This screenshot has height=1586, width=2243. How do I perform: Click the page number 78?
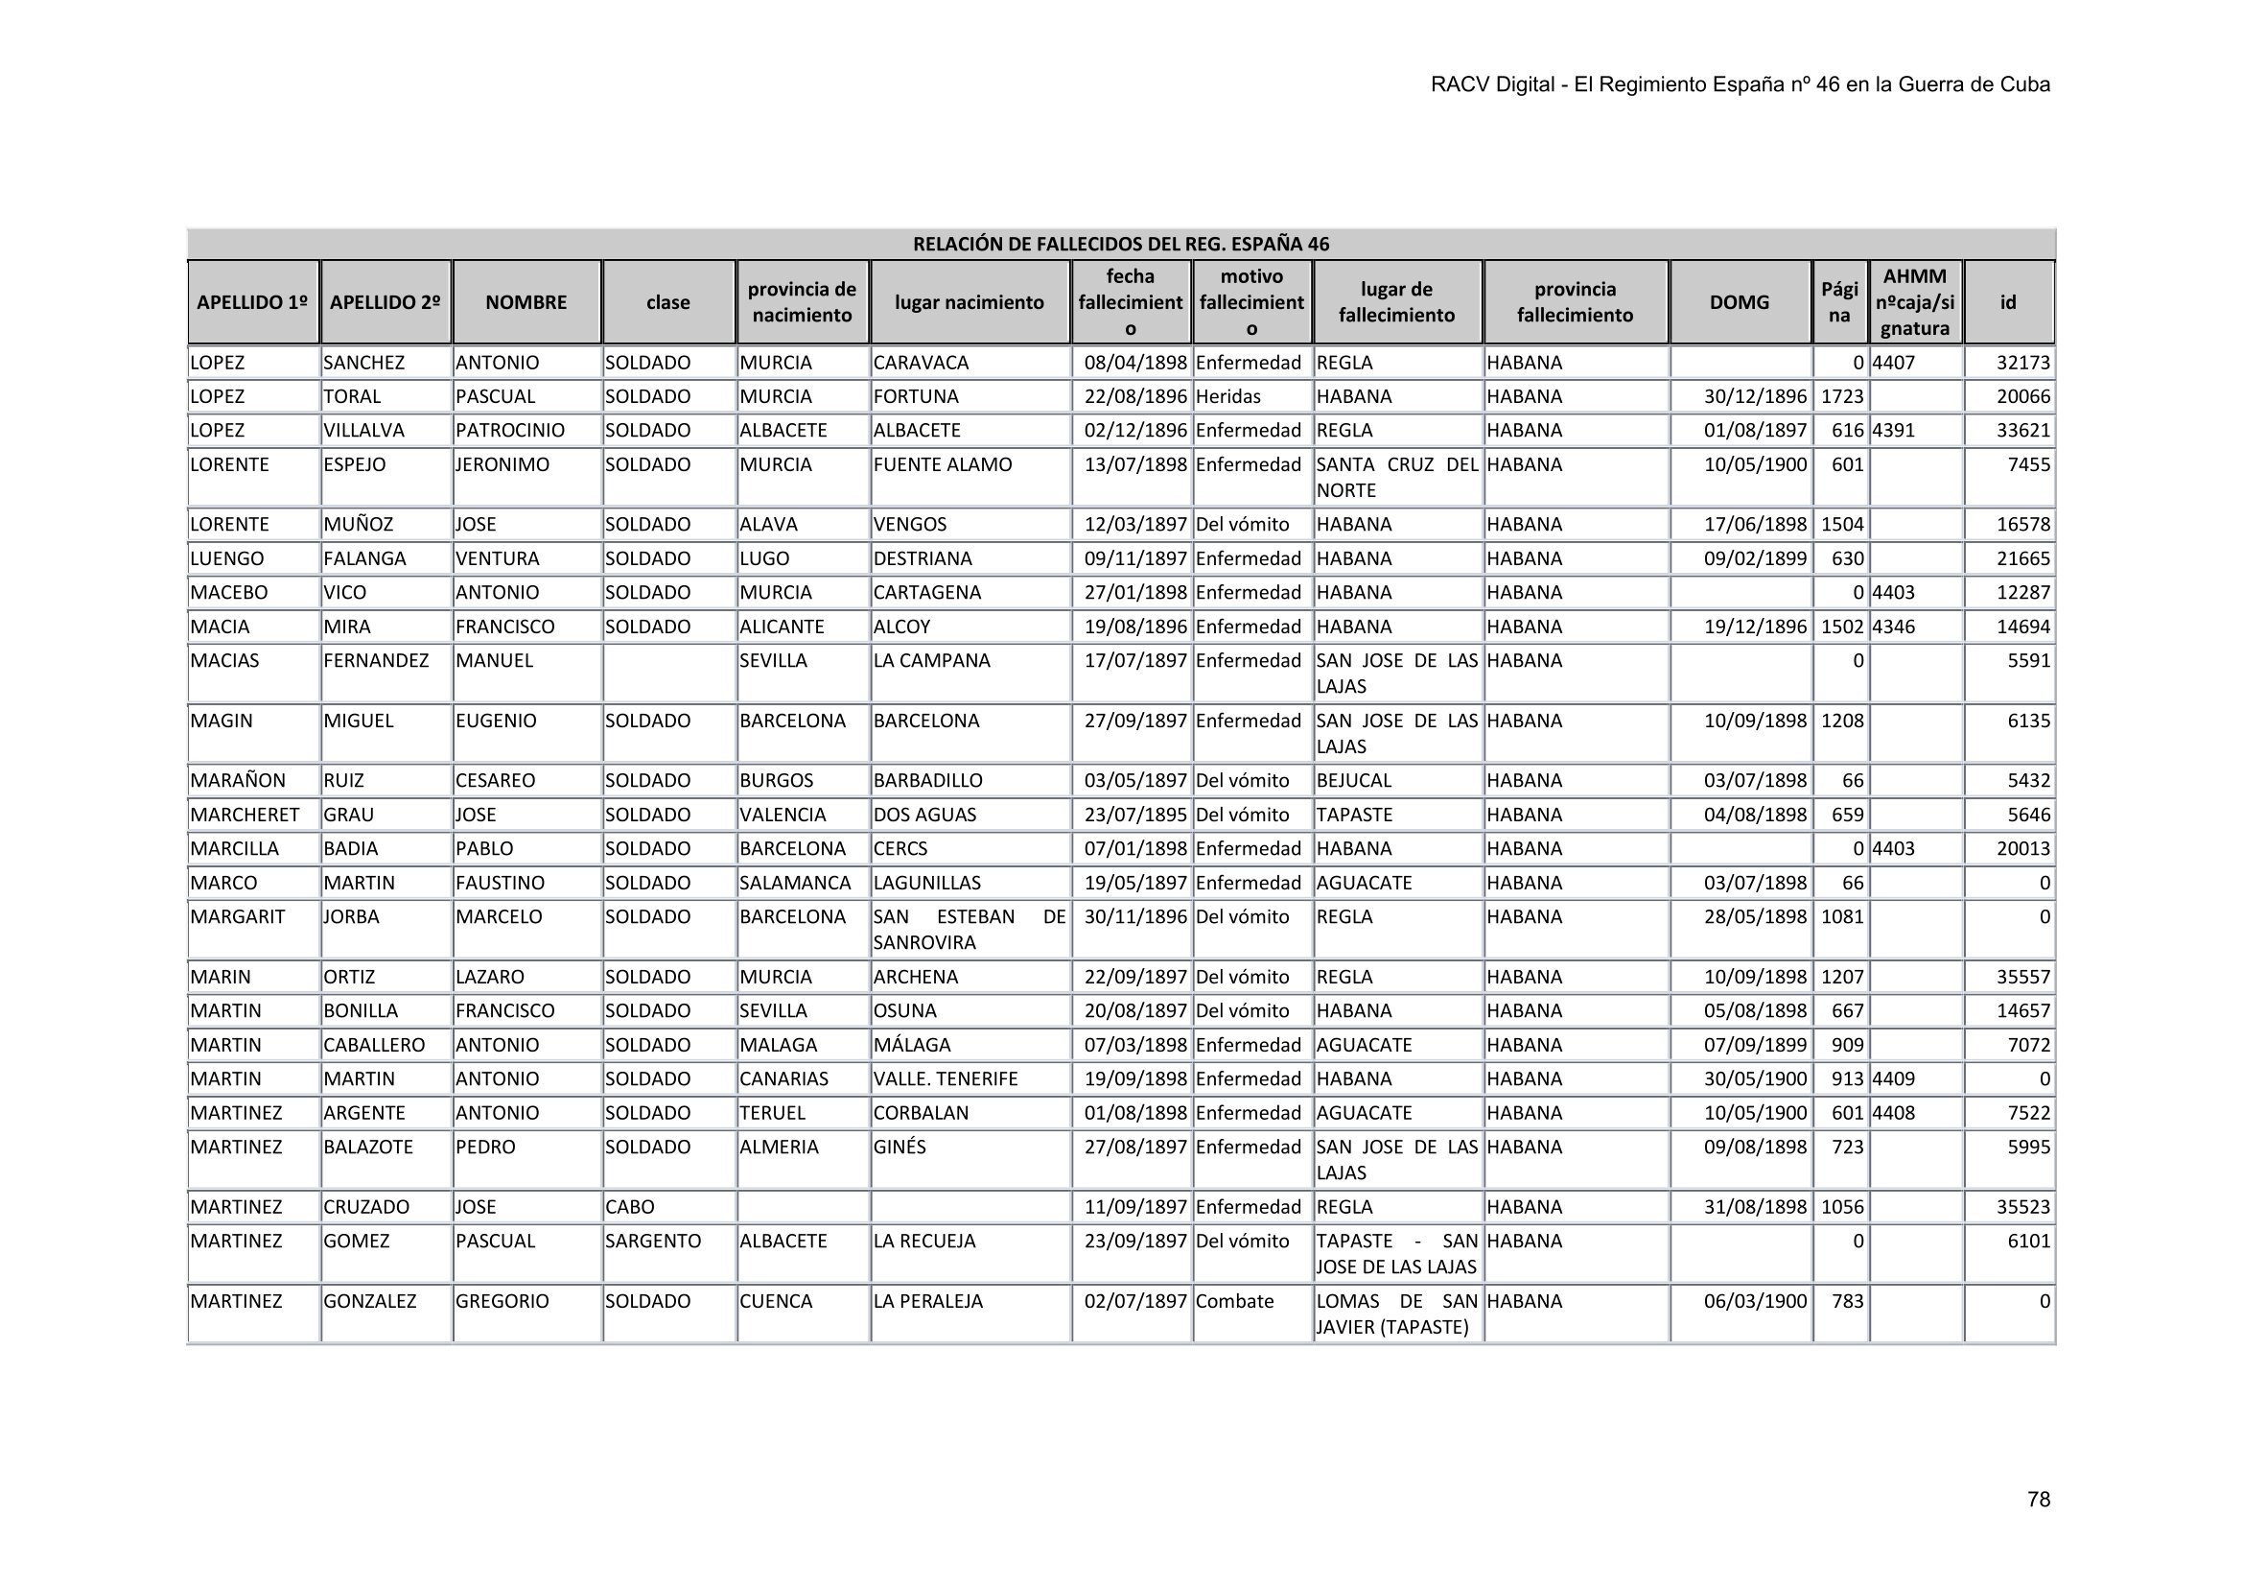tap(2038, 1499)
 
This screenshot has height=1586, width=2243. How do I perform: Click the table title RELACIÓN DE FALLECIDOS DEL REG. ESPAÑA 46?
tap(1120, 245)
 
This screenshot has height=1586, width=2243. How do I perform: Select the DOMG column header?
tap(1739, 302)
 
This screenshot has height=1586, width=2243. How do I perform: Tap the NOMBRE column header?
tap(526, 302)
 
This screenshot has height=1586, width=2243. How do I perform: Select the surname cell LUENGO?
tap(226, 559)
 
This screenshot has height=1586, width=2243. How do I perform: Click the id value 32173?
tap(2022, 363)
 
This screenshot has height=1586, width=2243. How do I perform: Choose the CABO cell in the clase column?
tap(629, 1207)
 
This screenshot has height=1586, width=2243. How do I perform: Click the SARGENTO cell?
tap(653, 1241)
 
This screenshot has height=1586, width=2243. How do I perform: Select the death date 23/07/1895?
tap(1135, 815)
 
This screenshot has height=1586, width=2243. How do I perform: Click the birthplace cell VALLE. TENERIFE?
tap(945, 1078)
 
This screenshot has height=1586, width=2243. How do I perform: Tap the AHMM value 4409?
tap(1892, 1078)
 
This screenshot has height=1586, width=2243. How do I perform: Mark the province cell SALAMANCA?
tap(794, 884)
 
